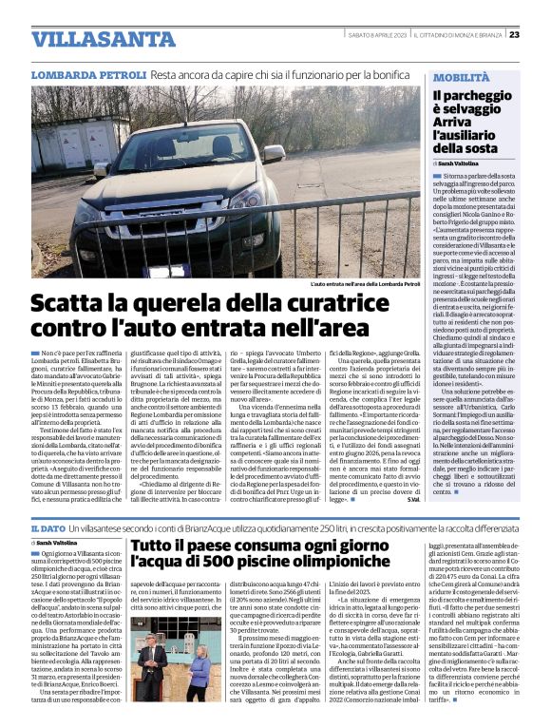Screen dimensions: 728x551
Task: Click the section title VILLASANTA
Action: pos(90,39)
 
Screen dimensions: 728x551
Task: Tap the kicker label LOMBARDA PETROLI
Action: pos(87,73)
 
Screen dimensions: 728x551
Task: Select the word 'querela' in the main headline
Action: pos(152,305)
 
